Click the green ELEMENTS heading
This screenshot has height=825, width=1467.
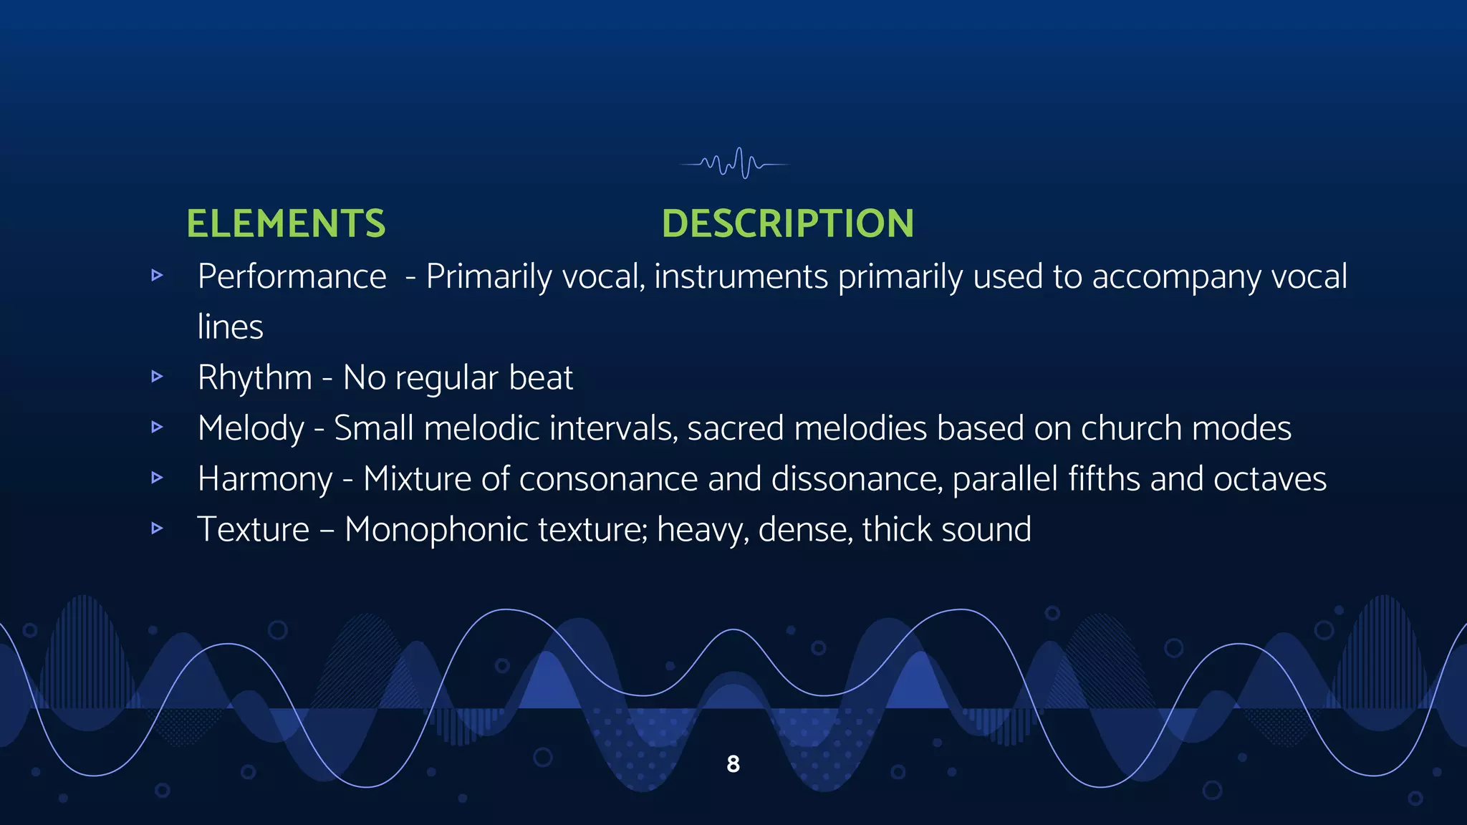pyautogui.click(x=286, y=223)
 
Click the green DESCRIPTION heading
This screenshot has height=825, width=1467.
pyautogui.click(x=787, y=223)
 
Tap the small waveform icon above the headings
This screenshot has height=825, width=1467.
pyautogui.click(x=735, y=164)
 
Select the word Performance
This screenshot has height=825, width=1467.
pyautogui.click(x=292, y=277)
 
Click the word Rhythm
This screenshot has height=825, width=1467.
pyautogui.click(x=254, y=378)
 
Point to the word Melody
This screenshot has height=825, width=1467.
pyautogui.click(x=251, y=429)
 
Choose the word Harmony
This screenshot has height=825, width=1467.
pyautogui.click(x=264, y=479)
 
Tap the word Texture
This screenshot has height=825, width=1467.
pyautogui.click(x=254, y=530)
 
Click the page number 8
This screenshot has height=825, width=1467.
pyautogui.click(x=733, y=764)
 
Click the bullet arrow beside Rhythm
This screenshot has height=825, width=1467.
pyautogui.click(x=158, y=377)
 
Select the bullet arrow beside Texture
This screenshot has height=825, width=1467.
pyautogui.click(x=158, y=529)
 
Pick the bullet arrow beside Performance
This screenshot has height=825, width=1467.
pyautogui.click(x=158, y=275)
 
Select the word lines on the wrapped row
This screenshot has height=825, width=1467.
pyautogui.click(x=230, y=327)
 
